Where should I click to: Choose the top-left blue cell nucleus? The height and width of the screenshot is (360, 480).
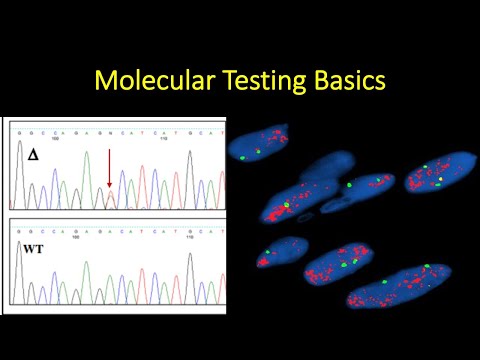point(258,145)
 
